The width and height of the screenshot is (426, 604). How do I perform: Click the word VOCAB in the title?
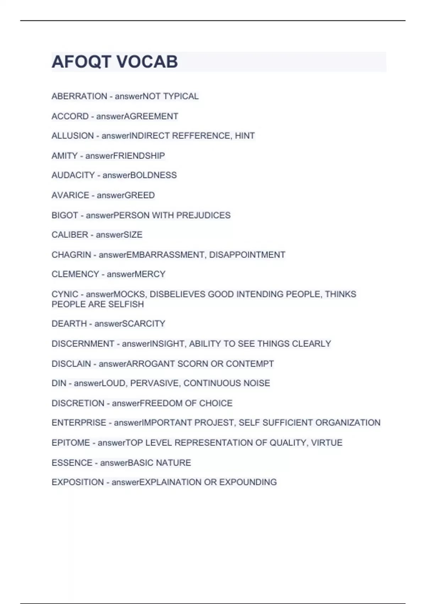click(147, 62)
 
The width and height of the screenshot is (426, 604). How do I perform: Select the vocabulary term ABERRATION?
click(79, 96)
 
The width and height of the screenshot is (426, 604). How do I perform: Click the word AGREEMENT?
click(151, 116)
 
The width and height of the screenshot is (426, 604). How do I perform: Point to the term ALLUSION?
click(72, 136)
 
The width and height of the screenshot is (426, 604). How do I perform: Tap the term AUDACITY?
click(73, 175)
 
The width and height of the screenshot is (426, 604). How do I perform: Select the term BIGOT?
click(65, 215)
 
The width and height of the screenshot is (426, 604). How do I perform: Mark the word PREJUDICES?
click(203, 215)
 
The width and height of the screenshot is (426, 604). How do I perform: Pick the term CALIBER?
click(70, 235)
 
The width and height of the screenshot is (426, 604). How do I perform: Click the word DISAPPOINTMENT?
click(247, 255)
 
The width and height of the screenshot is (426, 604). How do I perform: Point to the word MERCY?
click(151, 274)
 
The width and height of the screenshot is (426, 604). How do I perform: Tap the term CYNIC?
click(65, 294)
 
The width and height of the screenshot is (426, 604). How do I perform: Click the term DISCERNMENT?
click(83, 344)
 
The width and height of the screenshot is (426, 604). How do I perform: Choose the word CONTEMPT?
click(250, 364)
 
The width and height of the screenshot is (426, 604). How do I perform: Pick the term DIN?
click(59, 383)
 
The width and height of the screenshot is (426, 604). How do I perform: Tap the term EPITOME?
click(71, 443)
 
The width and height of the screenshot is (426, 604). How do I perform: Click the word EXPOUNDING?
click(248, 482)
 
